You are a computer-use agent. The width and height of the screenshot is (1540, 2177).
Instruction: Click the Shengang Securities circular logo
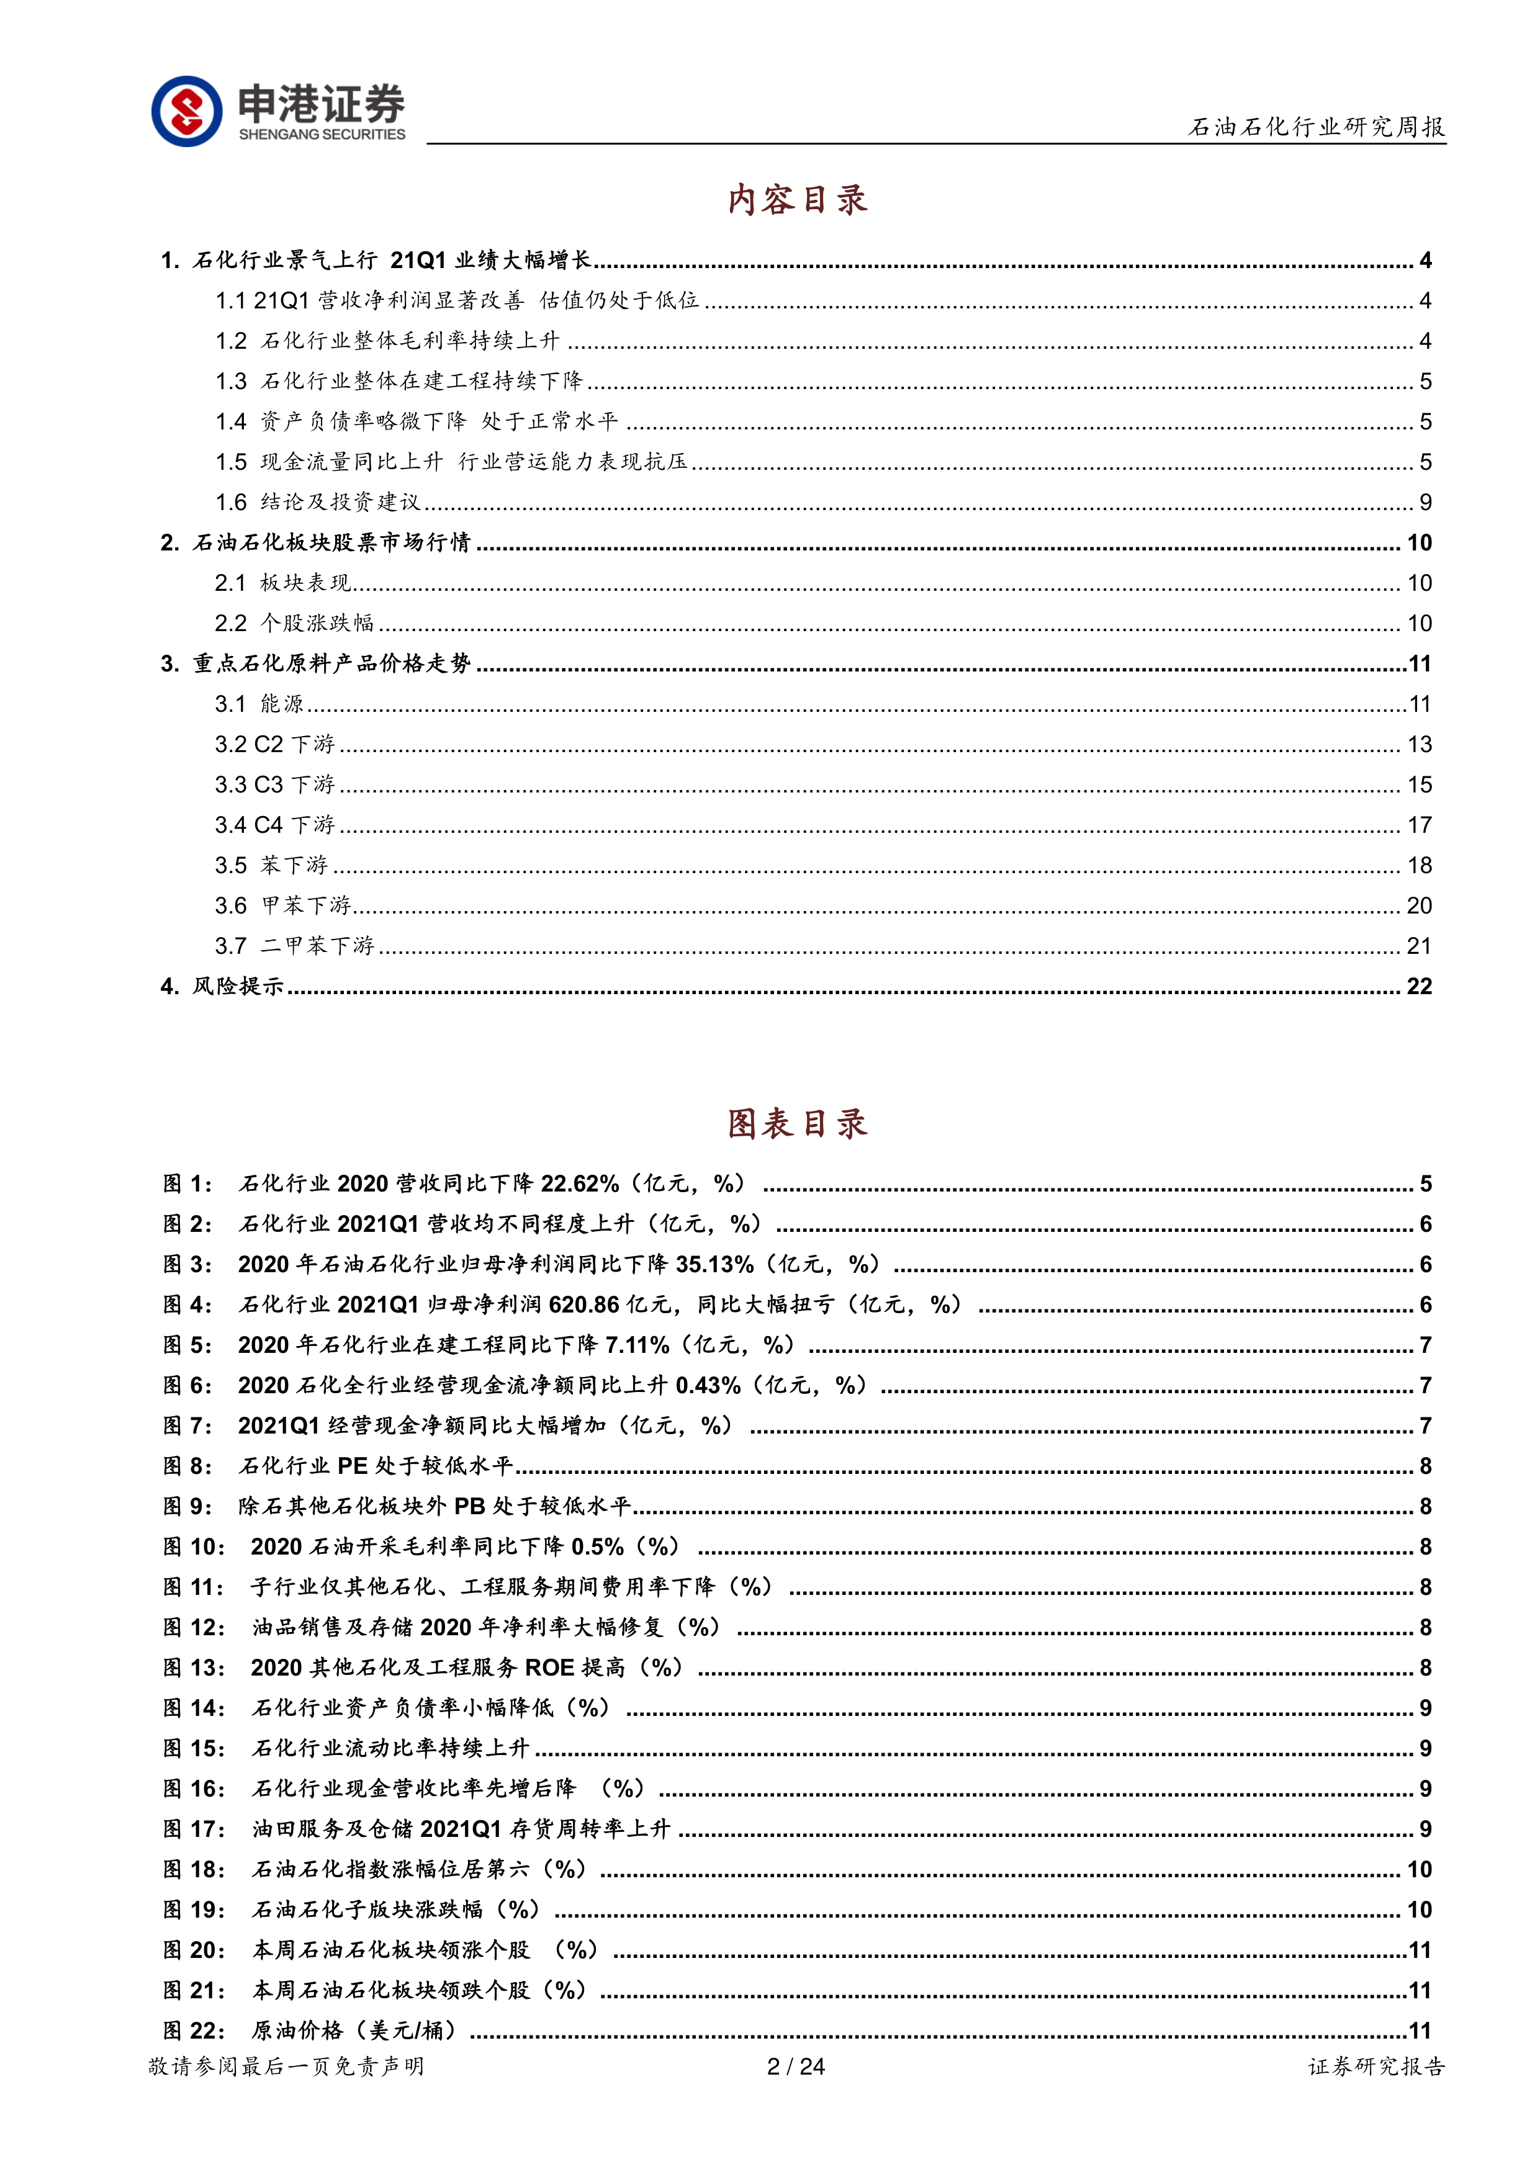click(x=187, y=111)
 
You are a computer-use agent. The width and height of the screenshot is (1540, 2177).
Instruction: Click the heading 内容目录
click(x=798, y=200)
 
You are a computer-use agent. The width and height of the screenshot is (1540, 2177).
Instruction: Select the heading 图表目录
click(x=798, y=1124)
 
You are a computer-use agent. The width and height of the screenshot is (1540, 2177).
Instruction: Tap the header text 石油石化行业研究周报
click(x=1316, y=127)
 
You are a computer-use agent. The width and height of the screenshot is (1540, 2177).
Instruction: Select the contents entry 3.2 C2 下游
click(x=275, y=744)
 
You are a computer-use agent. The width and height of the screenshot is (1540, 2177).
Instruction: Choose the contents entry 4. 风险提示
click(x=223, y=986)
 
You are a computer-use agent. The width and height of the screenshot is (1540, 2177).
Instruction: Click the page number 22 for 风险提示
click(x=1418, y=986)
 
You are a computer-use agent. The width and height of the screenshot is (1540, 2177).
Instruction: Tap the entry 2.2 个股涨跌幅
click(x=295, y=623)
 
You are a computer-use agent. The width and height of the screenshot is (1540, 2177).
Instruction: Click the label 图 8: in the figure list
click(x=187, y=1466)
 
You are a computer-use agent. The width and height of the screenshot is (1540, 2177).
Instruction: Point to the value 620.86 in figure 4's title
click(x=583, y=1304)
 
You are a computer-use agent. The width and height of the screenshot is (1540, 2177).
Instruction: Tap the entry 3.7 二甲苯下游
click(x=295, y=945)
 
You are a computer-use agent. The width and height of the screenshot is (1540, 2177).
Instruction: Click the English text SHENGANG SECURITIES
click(x=322, y=135)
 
